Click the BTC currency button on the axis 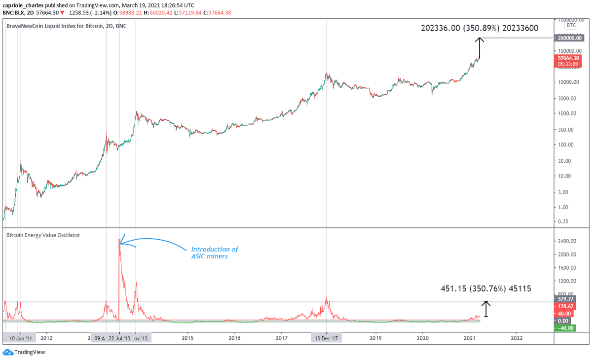(571, 25)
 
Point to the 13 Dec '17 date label (326, 338)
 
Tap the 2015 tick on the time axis (187, 338)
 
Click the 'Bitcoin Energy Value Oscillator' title (43, 235)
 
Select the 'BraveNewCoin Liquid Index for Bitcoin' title (66, 26)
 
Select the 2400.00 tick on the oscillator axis (567, 242)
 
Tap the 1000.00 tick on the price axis (567, 113)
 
